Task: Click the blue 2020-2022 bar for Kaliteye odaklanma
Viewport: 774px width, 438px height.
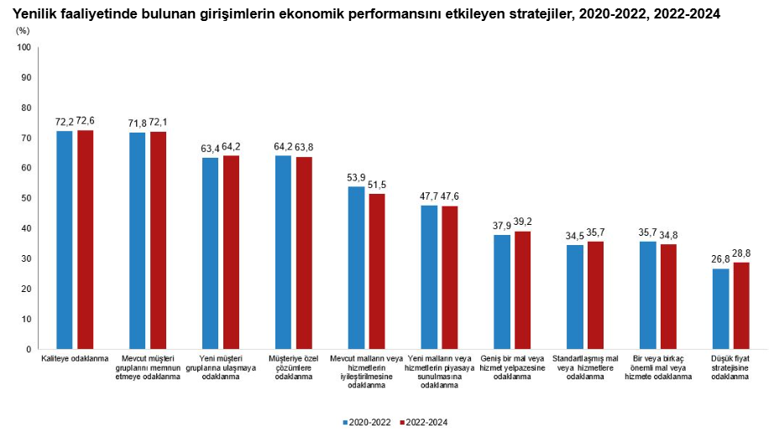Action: pyautogui.click(x=64, y=239)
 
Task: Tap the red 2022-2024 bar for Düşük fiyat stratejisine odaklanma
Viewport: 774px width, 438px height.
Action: pyautogui.click(x=741, y=305)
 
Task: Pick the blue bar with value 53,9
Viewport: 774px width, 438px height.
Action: pyautogui.click(x=356, y=267)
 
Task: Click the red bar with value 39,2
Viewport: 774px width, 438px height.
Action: pyautogui.click(x=522, y=289)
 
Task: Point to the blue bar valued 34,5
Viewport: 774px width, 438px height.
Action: pyautogui.click(x=575, y=296)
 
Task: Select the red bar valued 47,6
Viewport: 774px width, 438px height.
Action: pyautogui.click(x=450, y=277)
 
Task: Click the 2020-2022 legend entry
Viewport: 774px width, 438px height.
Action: pyautogui.click(x=366, y=422)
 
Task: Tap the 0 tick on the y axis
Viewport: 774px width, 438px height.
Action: pyautogui.click(x=29, y=349)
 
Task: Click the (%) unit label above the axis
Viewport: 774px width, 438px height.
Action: pyautogui.click(x=23, y=29)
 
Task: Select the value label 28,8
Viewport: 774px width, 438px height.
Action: pyautogui.click(x=742, y=253)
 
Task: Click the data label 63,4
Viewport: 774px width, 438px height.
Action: pyautogui.click(x=210, y=147)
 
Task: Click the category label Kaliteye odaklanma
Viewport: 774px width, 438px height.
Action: pyautogui.click(x=75, y=358)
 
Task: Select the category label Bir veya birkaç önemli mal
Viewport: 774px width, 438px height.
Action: pyautogui.click(x=658, y=368)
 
